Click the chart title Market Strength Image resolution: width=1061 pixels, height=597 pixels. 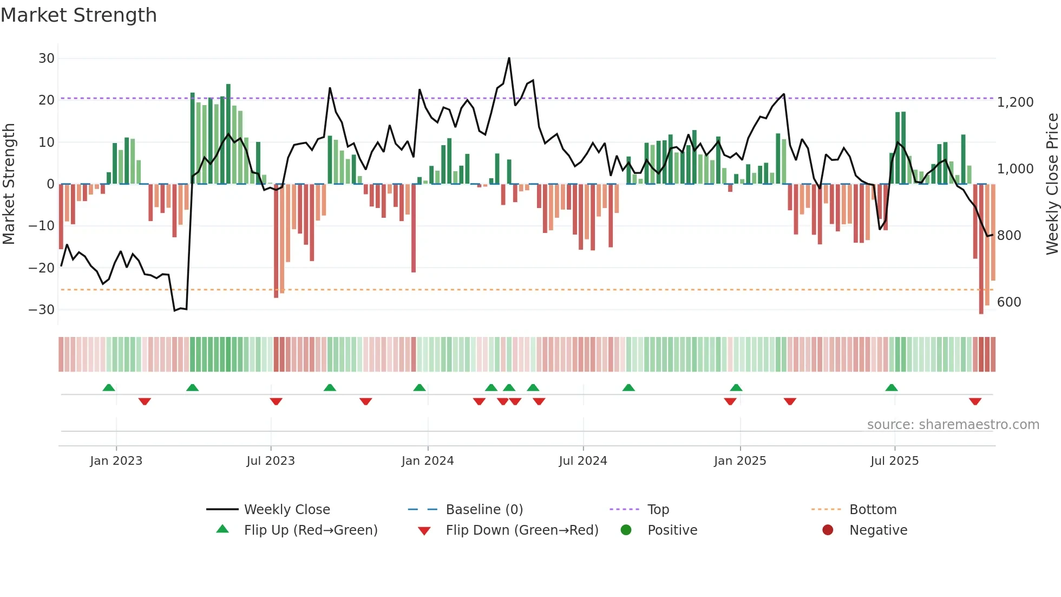pos(78,15)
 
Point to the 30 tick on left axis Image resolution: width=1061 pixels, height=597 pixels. pos(47,59)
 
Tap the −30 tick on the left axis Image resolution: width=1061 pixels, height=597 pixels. pos(42,310)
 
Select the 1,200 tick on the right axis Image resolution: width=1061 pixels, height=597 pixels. pos(1015,102)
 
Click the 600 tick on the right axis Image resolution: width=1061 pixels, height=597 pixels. pos(1008,302)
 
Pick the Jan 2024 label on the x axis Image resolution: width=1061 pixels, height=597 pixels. pos(427,461)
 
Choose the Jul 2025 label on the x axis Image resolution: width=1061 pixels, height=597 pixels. pos(894,461)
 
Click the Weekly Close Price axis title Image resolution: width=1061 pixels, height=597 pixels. pos(1052,184)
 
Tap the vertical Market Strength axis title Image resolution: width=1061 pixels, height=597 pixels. pos(9,184)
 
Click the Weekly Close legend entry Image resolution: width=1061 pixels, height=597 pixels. pos(286,510)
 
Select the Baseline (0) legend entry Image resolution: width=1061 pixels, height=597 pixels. pos(484,510)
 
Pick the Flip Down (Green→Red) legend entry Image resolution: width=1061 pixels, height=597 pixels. pos(521,530)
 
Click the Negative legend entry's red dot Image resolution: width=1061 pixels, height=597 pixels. pos(827,530)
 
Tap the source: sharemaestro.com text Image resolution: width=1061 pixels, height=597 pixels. pos(953,425)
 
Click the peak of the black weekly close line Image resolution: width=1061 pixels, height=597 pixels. pos(509,58)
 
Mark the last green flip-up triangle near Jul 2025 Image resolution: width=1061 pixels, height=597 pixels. pos(891,388)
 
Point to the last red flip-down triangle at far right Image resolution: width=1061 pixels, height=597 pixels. pos(975,401)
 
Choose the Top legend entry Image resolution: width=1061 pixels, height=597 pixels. pos(658,510)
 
